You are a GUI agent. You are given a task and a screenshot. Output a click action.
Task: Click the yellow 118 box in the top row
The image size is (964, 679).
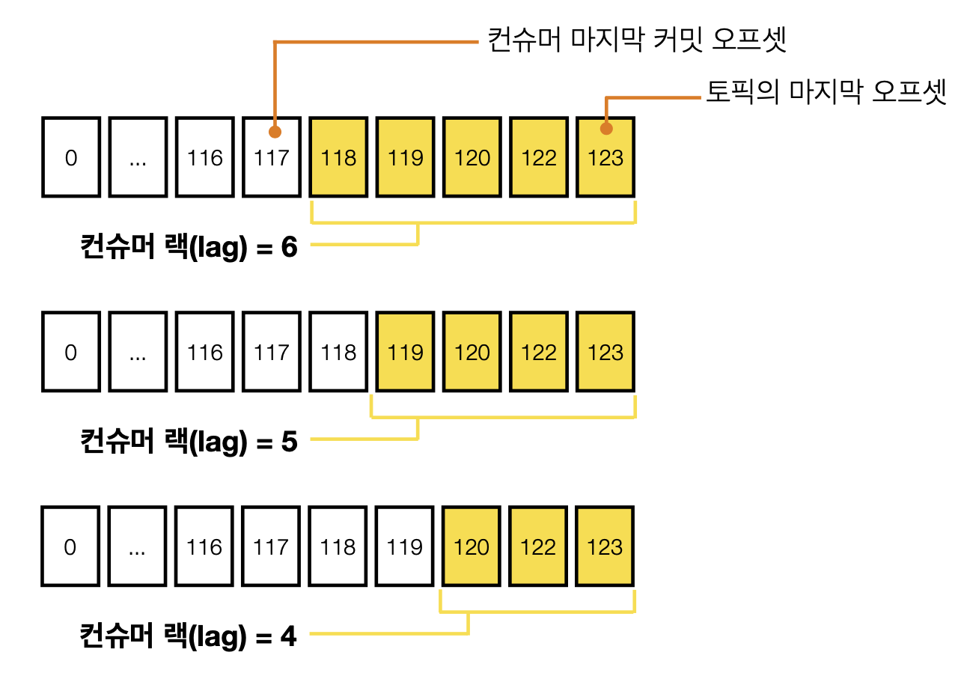338,157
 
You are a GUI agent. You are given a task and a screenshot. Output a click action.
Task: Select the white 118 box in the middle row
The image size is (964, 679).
338,352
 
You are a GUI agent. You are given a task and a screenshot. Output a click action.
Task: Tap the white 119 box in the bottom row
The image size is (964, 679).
405,546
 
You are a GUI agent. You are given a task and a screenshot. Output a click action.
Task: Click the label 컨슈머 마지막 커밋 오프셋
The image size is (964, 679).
636,40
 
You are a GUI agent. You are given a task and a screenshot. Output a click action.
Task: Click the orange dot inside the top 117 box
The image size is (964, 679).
275,132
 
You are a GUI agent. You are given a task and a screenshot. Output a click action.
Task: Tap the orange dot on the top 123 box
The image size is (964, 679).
606,129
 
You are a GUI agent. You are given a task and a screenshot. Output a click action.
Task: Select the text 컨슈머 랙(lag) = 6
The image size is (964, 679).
189,246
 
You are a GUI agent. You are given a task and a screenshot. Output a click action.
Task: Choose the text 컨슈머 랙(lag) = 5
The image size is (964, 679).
189,441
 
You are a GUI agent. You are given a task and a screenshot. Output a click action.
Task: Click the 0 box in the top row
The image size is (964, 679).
71,157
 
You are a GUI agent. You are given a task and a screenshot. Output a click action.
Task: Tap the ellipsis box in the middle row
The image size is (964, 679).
138,352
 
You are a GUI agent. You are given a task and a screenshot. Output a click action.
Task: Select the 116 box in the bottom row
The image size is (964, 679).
204,546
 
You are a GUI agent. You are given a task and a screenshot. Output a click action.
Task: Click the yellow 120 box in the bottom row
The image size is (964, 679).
472,546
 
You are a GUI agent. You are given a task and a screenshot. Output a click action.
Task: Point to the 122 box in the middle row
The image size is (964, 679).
539,352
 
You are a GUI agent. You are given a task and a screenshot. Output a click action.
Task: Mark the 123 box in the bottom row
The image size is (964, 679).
605,546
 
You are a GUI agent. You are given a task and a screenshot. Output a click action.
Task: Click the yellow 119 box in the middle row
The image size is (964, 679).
405,352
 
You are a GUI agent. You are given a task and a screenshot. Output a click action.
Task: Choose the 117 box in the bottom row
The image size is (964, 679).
271,546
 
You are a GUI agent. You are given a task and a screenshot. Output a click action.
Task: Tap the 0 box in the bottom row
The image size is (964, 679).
71,546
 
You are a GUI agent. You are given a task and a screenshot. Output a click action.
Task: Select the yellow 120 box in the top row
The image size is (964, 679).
472,157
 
